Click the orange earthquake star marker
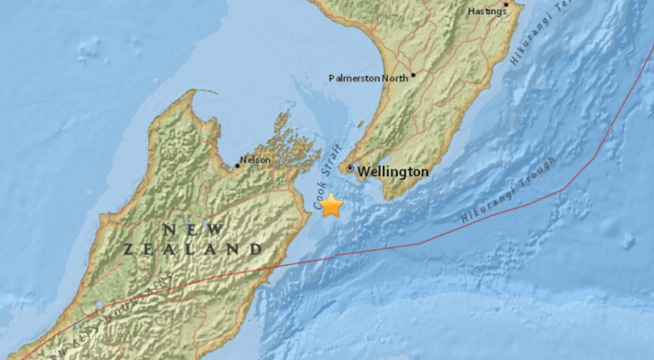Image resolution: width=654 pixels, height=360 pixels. (331, 206)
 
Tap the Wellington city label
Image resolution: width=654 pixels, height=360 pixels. (393, 170)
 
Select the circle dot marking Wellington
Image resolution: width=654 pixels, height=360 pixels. (349, 167)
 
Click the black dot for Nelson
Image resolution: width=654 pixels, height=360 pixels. (237, 165)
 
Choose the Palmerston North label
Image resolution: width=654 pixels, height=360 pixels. (368, 77)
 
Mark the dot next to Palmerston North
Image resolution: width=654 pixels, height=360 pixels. (413, 75)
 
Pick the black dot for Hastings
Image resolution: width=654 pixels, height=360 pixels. (506, 4)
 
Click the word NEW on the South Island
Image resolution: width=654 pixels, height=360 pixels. (187, 229)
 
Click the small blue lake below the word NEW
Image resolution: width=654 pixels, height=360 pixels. (205, 225)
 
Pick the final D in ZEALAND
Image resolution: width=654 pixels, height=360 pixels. (256, 248)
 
